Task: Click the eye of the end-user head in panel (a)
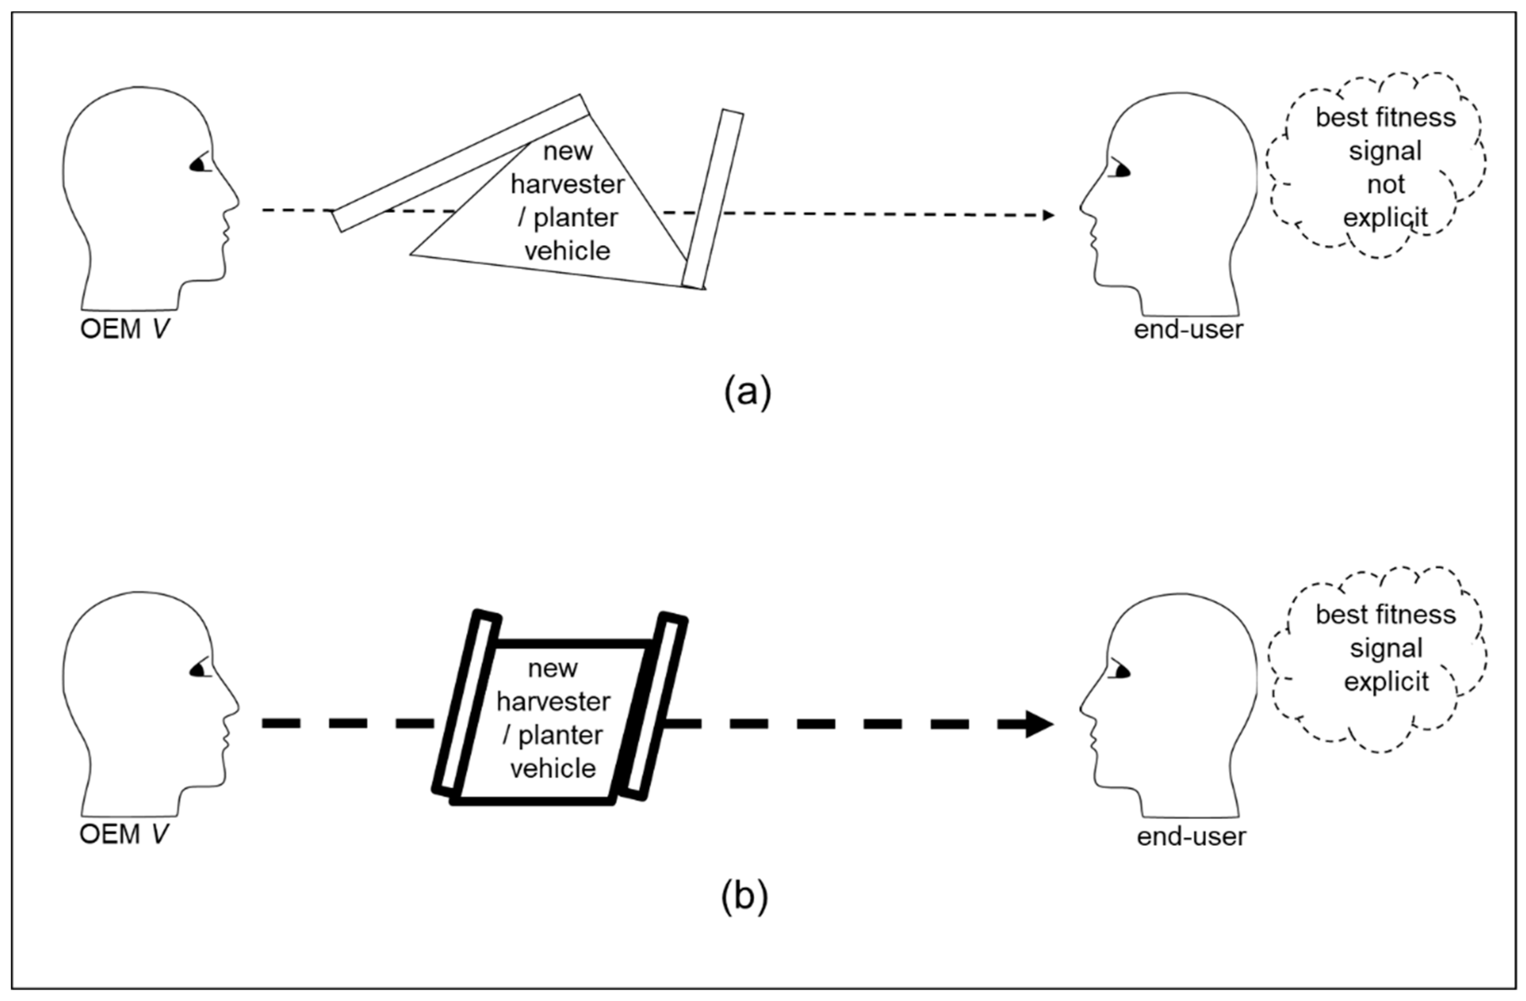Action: coord(1122,170)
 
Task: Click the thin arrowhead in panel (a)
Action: coord(1048,216)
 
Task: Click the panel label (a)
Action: coord(747,392)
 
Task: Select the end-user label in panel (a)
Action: coord(1189,330)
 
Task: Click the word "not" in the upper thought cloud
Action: coord(1386,185)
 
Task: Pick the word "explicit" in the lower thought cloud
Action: coord(1386,681)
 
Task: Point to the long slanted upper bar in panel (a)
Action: coord(460,163)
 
